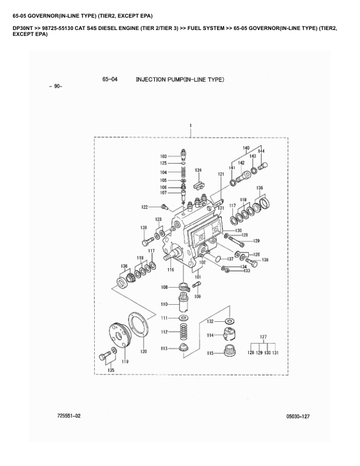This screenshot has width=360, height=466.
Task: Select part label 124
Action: point(198,171)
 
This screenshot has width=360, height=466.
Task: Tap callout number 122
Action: point(144,207)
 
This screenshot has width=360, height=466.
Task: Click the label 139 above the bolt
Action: point(144,227)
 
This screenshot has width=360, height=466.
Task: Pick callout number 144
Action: point(261,151)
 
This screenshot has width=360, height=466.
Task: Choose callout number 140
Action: point(246,147)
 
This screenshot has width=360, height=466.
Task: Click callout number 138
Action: point(265,260)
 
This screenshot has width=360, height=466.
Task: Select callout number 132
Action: point(210,322)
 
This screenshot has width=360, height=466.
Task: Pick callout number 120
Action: point(143,351)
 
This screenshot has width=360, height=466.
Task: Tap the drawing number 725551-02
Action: point(69,416)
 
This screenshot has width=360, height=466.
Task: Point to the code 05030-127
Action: point(298,417)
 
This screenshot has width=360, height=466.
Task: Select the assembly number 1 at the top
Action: point(191,126)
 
